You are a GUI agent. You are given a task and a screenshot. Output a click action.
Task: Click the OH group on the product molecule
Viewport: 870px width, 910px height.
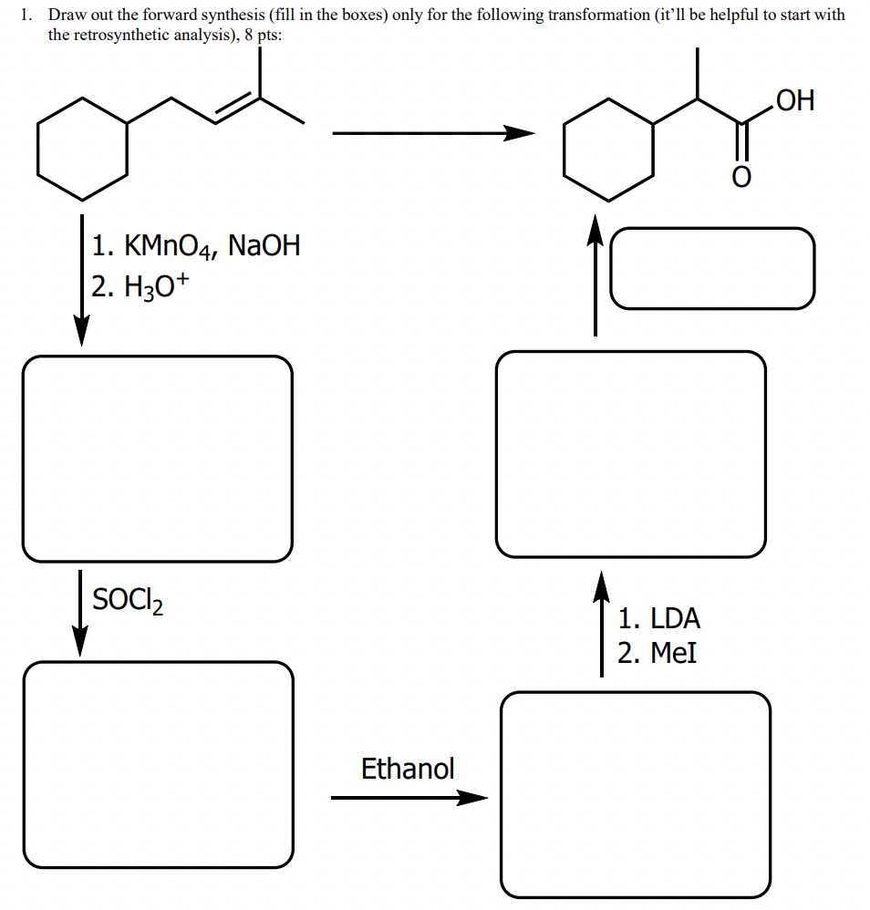792,100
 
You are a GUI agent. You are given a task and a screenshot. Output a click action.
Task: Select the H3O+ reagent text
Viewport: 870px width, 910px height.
141,287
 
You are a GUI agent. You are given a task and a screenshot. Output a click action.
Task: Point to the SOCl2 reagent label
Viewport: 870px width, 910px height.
127,601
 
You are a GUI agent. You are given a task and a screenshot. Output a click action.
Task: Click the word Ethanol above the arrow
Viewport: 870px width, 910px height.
408,769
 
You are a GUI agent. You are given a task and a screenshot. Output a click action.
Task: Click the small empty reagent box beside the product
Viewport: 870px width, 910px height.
711,268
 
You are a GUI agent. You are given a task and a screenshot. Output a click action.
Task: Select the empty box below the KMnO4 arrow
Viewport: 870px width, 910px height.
158,459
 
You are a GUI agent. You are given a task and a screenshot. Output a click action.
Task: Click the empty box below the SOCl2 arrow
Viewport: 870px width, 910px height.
159,764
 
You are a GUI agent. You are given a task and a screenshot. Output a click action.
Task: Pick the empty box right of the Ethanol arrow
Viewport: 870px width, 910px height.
635,794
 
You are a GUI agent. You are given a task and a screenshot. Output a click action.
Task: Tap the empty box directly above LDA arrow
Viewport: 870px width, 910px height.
631,454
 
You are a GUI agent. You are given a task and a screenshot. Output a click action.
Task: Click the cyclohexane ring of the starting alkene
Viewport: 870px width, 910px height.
83,149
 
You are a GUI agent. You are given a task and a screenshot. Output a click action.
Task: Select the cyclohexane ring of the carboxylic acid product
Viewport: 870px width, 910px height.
608,149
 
